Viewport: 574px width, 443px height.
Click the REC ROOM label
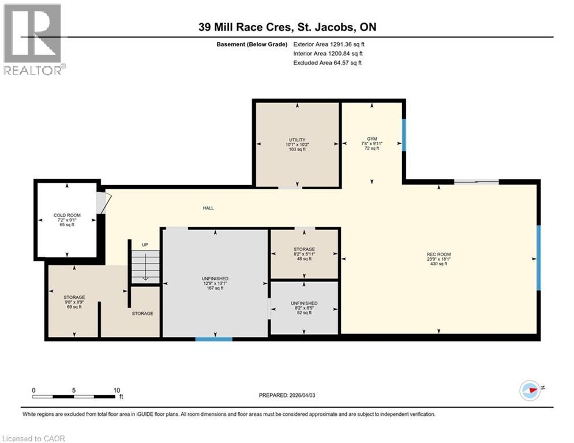point(438,254)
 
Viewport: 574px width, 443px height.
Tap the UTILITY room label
point(297,140)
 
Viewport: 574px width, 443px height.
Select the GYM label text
point(372,139)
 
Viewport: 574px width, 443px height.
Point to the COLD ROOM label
point(67,215)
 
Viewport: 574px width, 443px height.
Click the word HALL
point(208,208)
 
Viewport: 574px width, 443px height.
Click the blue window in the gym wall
point(404,134)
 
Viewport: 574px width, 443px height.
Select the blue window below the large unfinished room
point(213,339)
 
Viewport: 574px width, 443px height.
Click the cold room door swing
point(102,202)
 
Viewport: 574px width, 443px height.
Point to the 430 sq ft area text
point(438,264)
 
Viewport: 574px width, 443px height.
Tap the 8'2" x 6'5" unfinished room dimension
point(303,308)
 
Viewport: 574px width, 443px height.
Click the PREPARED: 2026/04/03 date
point(288,395)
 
